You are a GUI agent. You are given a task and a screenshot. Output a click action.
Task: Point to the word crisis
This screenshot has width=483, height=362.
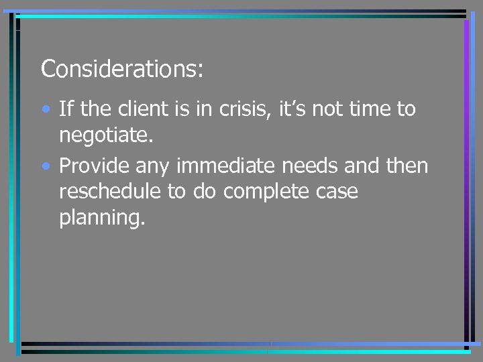240,109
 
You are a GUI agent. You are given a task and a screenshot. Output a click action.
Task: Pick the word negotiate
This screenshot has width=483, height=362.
107,136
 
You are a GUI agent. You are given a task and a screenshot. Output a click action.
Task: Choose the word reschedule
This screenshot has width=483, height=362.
110,192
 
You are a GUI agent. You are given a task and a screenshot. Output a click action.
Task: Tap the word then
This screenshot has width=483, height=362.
405,165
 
